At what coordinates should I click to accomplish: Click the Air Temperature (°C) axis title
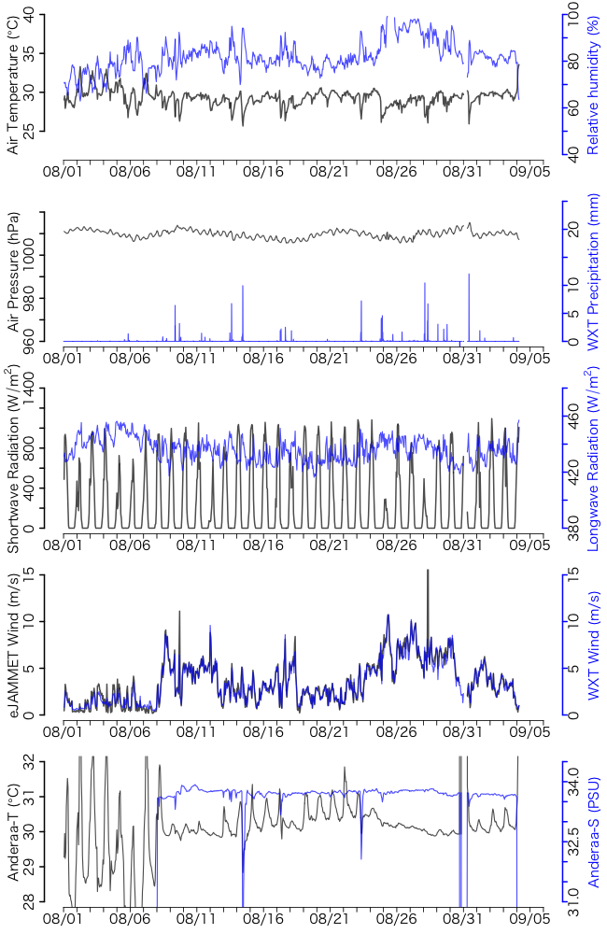13,84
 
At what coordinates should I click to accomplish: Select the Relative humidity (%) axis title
592,84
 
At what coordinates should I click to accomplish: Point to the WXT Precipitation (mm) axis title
592,271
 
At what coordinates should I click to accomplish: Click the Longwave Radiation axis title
592,458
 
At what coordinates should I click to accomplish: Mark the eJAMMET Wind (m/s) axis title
13,644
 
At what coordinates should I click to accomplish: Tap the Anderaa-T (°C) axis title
13,831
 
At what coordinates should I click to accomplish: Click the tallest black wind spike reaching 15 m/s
428,571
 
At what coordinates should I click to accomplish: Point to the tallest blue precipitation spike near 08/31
469,275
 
